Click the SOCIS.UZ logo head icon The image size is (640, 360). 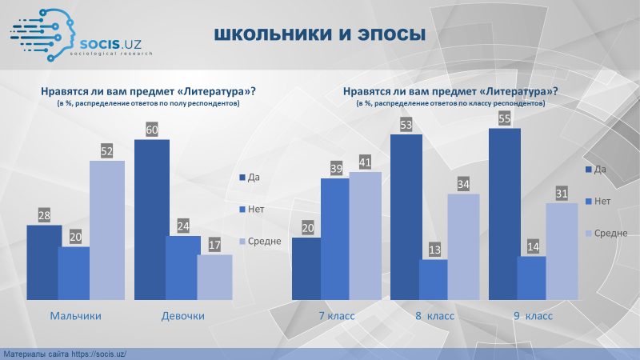43,35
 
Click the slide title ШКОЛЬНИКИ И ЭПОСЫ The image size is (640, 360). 319,34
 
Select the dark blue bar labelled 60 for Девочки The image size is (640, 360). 152,220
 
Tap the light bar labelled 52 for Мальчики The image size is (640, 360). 107,230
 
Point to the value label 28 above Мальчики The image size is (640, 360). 44,215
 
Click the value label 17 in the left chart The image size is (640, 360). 214,245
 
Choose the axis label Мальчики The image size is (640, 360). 75,316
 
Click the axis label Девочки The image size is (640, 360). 183,316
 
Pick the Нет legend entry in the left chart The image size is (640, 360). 252,210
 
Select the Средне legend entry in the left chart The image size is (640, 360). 260,242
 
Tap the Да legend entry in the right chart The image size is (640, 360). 596,170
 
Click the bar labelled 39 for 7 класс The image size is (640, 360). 334,239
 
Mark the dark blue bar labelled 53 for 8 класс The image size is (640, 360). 406,217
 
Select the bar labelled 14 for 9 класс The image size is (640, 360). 531,278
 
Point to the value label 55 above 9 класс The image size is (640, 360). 505,118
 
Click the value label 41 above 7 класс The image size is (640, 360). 365,162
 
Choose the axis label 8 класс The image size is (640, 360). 434,316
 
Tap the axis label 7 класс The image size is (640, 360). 337,316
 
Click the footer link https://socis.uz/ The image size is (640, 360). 98,354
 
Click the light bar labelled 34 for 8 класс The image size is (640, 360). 463,247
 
